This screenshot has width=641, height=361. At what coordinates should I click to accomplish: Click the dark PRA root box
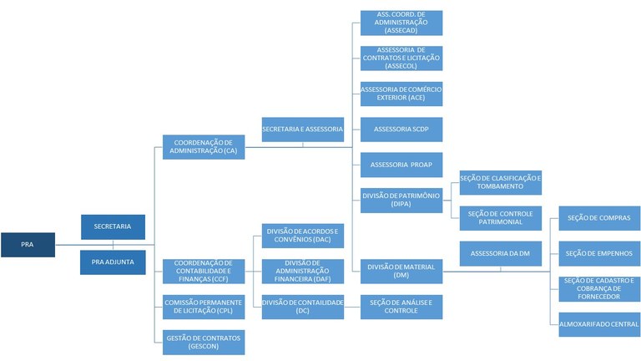(28, 245)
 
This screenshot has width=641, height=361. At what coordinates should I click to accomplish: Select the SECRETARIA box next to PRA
(113, 226)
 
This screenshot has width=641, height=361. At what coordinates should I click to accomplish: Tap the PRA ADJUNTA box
(113, 262)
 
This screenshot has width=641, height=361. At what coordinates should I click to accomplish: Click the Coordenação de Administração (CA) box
(204, 146)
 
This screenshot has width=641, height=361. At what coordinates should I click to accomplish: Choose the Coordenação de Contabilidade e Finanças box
(204, 271)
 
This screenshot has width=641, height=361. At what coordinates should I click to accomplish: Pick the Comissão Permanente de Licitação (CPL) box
(204, 307)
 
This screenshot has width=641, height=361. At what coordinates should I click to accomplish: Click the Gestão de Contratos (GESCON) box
(204, 343)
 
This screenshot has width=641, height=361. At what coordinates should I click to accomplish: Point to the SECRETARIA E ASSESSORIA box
(302, 130)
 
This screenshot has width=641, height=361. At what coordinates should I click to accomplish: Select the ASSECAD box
(401, 23)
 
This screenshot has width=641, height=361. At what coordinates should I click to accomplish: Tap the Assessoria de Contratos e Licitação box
(401, 58)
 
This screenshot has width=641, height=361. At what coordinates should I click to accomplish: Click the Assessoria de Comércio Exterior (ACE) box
(401, 94)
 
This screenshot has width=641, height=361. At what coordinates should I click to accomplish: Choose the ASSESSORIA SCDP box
(401, 130)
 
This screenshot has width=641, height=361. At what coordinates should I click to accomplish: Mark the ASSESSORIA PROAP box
(401, 165)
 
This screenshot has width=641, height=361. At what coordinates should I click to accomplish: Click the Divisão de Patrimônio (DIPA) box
(401, 200)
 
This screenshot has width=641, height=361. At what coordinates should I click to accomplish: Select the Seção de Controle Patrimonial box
(501, 218)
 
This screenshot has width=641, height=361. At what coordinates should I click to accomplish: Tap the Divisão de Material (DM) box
(401, 271)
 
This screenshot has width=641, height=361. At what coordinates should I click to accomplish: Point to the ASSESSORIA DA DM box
(501, 253)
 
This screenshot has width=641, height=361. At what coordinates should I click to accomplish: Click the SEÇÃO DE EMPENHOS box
(599, 253)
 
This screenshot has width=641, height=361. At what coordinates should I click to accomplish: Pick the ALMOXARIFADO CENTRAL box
(599, 324)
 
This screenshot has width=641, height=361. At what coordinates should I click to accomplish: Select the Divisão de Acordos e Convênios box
(302, 236)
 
